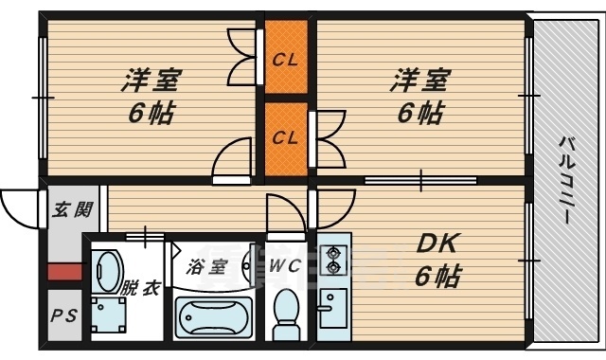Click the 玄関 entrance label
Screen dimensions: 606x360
[72, 210]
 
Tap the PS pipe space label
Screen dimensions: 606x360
[64, 315]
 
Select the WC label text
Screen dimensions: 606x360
[285, 265]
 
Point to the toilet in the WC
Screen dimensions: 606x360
[286, 315]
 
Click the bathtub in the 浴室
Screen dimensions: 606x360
[214, 318]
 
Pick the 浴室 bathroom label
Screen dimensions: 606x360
[206, 267]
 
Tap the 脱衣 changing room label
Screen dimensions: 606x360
[140, 288]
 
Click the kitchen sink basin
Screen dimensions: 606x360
[332, 308]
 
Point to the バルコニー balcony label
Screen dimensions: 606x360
[567, 179]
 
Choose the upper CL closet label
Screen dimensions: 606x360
[285, 60]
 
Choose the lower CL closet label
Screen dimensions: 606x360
[285, 137]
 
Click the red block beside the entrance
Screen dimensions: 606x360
[64, 272]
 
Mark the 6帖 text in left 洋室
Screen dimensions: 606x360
[151, 113]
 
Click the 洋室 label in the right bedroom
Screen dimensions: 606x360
[420, 81]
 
